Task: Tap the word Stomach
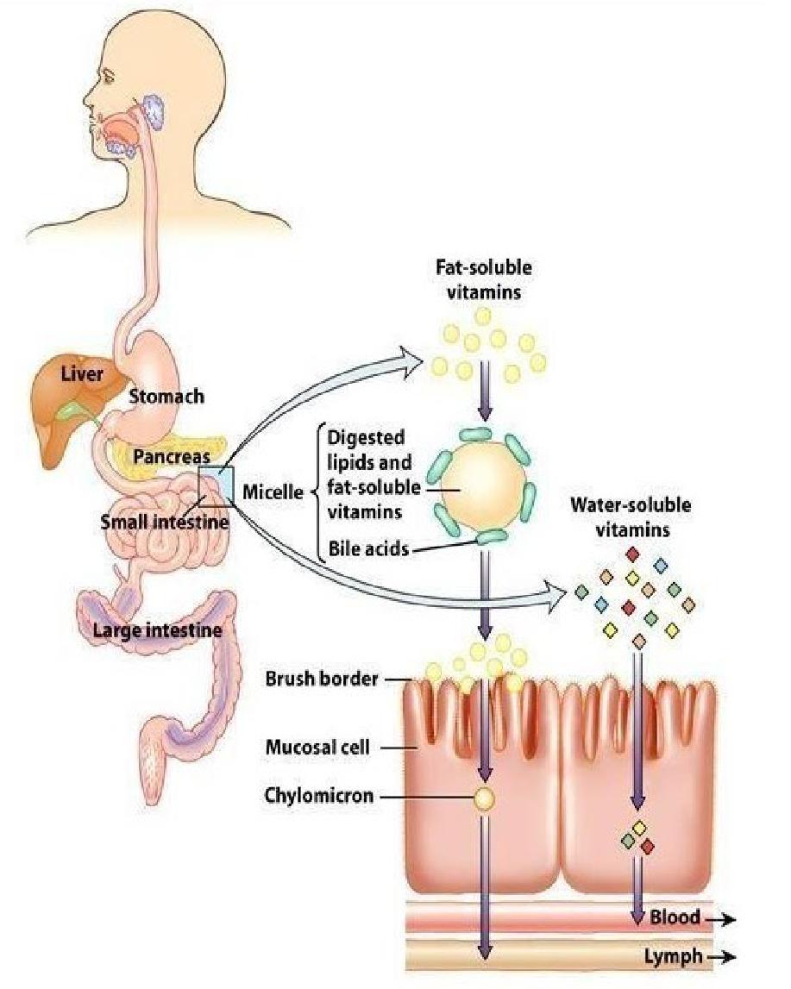point(167,396)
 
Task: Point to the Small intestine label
point(164,522)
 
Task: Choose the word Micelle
point(272,492)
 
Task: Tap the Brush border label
point(322,679)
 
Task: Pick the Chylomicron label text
point(318,795)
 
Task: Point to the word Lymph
point(672,956)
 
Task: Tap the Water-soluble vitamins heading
point(631,517)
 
